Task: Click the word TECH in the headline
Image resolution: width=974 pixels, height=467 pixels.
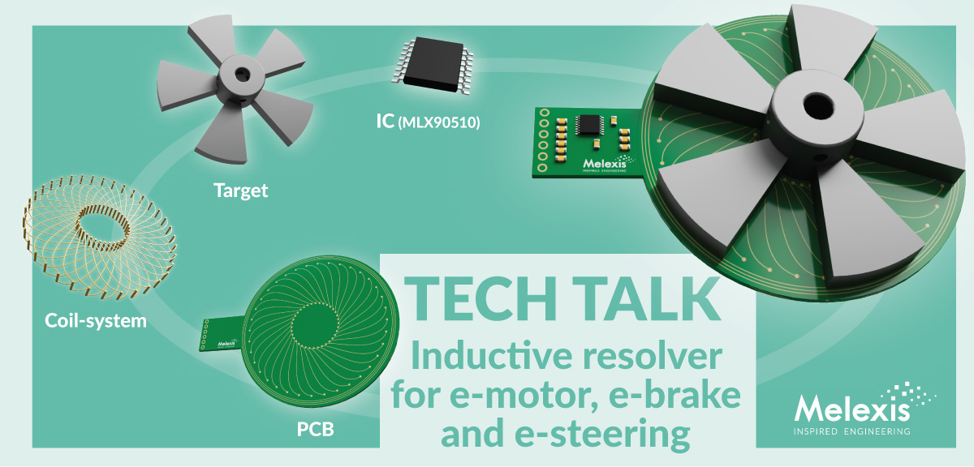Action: click(x=481, y=299)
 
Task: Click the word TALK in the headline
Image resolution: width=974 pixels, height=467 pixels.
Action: click(x=646, y=299)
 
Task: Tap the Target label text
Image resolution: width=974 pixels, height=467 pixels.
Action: click(x=240, y=191)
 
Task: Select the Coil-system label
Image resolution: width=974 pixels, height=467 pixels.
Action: click(x=96, y=320)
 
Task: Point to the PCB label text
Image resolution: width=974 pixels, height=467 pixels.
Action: click(x=315, y=429)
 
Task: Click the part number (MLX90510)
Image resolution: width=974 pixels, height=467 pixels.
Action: click(x=439, y=123)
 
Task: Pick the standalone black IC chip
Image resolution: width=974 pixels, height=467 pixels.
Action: click(x=432, y=65)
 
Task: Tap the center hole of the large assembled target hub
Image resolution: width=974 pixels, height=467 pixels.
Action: click(x=818, y=105)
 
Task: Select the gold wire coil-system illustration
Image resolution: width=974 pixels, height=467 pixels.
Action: click(x=99, y=237)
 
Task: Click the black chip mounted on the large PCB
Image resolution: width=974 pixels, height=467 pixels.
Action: click(x=589, y=125)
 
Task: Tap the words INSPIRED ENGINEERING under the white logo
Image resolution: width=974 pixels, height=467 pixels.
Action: click(x=851, y=431)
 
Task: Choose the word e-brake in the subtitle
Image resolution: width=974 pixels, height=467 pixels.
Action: click(x=674, y=395)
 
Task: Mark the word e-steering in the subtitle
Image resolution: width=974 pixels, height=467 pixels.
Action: click(x=602, y=435)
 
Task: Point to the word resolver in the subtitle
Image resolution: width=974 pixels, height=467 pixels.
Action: click(x=653, y=356)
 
